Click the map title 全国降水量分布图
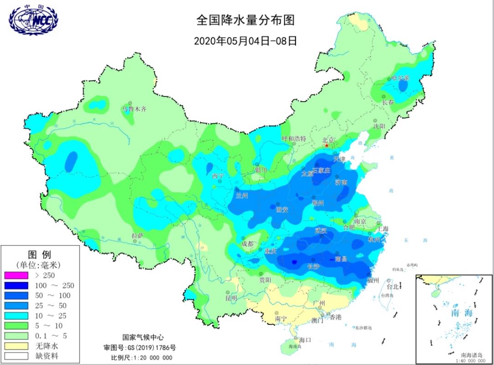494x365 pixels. [245, 21]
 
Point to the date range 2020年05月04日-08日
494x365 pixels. [245, 41]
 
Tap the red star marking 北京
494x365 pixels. [327, 145]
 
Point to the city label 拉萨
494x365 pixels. [138, 236]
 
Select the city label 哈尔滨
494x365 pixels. [400, 78]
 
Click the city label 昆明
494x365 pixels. [231, 298]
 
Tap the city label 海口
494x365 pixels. [305, 339]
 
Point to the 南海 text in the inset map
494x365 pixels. [461, 313]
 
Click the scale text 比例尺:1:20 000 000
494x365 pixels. [142, 357]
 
